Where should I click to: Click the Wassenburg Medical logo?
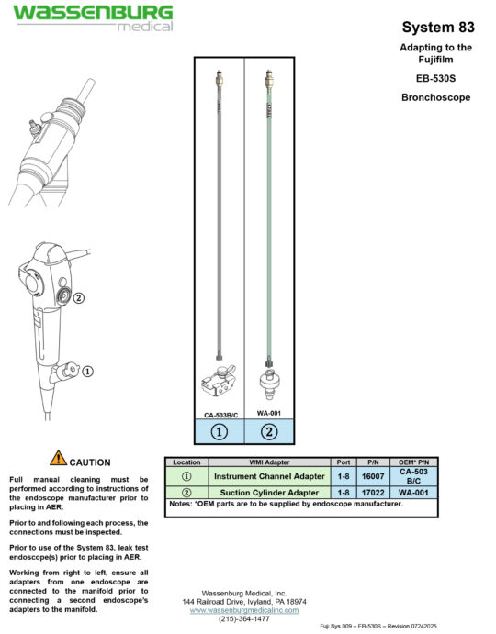tap(92, 18)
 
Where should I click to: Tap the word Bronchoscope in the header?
tap(435, 96)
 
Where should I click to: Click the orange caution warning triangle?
tap(58, 458)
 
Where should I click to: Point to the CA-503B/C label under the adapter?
tap(219, 414)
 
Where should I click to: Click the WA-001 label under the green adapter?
tap(269, 414)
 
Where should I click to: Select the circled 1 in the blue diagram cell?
tap(219, 433)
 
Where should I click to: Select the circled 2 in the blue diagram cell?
tap(269, 433)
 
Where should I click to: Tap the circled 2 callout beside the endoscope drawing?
tap(79, 297)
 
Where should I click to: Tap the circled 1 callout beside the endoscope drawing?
tap(88, 372)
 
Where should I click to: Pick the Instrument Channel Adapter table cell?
tap(269, 476)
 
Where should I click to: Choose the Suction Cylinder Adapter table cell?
tap(269, 493)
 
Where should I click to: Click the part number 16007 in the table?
tap(374, 476)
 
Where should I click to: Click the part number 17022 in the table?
tap(374, 493)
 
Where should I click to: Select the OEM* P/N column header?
tap(414, 462)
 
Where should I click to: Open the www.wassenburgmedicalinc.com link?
tap(244, 610)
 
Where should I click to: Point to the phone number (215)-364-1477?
tap(244, 619)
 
